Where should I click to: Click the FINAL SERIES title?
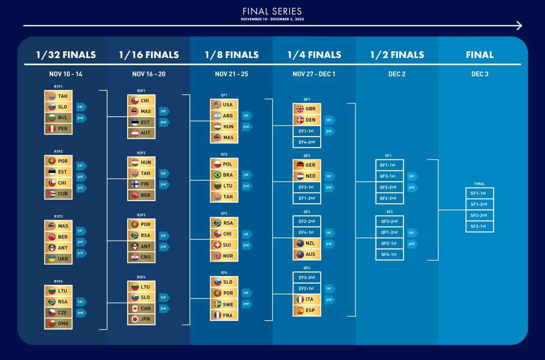tap(272, 11)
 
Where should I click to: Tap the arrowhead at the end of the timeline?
tap(520, 25)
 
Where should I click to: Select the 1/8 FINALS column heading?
tap(232, 55)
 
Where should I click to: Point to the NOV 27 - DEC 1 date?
tap(314, 74)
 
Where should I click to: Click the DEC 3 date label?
tap(480, 74)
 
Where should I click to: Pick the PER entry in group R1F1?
tap(59, 128)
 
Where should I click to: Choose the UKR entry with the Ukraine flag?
tap(59, 259)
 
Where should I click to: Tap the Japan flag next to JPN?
tap(135, 319)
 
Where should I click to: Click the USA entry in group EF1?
tap(224, 104)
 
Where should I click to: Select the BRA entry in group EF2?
tap(224, 175)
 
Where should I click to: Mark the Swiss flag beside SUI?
tap(218, 245)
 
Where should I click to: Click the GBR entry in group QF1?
tap(307, 109)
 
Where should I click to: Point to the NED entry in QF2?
tap(307, 176)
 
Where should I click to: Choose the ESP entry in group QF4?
tap(307, 311)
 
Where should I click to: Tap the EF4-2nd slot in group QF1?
tap(307, 142)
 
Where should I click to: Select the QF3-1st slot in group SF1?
tap(390, 176)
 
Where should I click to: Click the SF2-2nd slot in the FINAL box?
tap(480, 216)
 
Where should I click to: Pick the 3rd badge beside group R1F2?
tap(81, 188)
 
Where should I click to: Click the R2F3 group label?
tap(141, 215)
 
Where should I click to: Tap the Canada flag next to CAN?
tap(135, 308)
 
